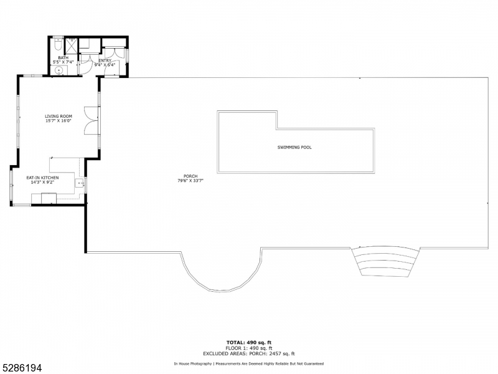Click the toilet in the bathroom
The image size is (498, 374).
click(x=57, y=45)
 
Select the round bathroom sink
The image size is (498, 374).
click(x=58, y=70)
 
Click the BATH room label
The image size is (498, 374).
click(x=63, y=57)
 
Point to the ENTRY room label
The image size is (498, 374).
click(x=104, y=60)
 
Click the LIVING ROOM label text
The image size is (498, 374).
click(x=59, y=116)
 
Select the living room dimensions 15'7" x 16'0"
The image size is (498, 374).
click(x=59, y=121)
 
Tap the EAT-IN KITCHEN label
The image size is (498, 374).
click(x=42, y=178)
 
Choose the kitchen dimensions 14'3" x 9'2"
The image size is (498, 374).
click(x=42, y=183)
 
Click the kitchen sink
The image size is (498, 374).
click(x=79, y=183)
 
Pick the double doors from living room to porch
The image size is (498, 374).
click(x=92, y=120)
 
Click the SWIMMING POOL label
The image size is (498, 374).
click(x=294, y=148)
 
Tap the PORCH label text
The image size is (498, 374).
click(x=190, y=176)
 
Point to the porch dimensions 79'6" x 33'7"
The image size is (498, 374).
click(x=190, y=181)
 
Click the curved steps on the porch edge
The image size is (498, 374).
click(x=385, y=262)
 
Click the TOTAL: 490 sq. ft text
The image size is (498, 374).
click(x=248, y=342)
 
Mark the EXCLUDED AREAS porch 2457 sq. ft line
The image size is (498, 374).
click(x=248, y=353)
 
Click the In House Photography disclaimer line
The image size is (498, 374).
click(x=248, y=363)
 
